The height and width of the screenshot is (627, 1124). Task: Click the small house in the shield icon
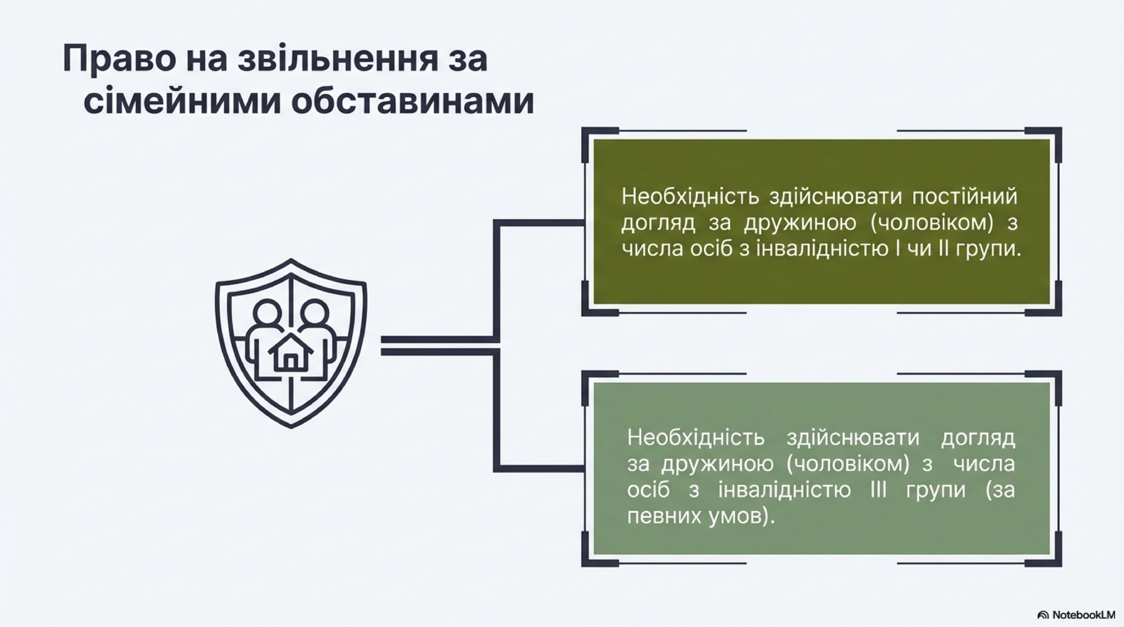pyautogui.click(x=291, y=353)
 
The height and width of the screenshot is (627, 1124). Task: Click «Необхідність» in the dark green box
pyautogui.click(x=690, y=196)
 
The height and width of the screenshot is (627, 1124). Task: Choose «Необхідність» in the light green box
pyautogui.click(x=696, y=437)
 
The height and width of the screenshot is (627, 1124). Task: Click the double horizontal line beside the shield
pyautogui.click(x=439, y=345)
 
